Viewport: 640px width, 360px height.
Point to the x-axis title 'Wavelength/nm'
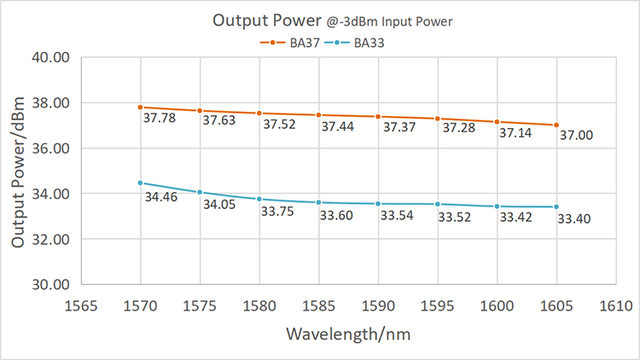[x=348, y=334]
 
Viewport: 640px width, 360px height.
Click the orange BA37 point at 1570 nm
[x=140, y=107]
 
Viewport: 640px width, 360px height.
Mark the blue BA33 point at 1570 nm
[x=140, y=183]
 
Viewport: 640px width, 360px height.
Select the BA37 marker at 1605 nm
[x=556, y=125]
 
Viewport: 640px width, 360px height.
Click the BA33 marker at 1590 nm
[x=378, y=204]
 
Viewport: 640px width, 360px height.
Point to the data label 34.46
[x=160, y=198]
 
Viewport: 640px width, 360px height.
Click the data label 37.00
[x=576, y=136]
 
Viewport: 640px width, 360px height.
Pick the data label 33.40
[x=574, y=220]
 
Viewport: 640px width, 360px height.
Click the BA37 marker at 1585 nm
[x=318, y=115]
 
